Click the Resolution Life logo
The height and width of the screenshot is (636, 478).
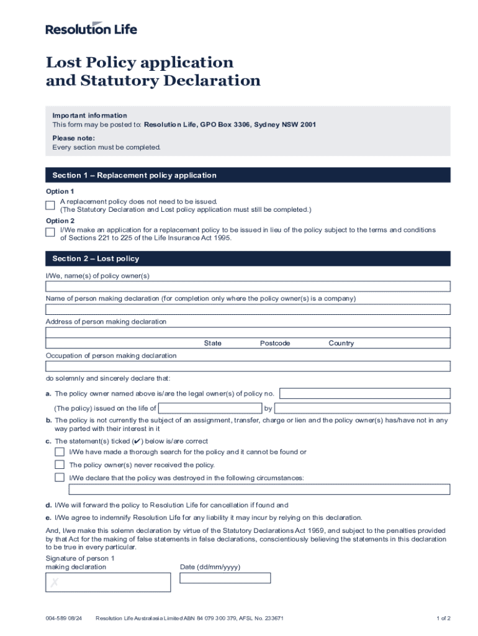91,29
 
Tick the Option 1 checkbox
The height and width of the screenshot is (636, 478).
50,205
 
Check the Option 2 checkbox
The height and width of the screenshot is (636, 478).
50,233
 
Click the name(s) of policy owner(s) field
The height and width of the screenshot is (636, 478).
248,286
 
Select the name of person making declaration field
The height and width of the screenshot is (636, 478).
248,309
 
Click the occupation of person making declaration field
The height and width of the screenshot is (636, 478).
248,366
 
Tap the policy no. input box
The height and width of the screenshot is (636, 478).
365,393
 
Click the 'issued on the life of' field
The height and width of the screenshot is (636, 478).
210,408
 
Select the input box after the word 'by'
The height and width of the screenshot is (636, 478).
362,408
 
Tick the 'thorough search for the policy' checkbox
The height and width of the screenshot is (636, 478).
60,452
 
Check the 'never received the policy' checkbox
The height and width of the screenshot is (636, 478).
60,465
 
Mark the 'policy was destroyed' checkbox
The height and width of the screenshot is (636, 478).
60,478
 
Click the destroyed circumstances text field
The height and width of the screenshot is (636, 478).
255,489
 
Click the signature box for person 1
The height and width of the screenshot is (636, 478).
108,583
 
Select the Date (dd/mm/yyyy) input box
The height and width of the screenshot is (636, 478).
225,578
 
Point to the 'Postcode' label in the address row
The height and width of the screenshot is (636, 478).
275,343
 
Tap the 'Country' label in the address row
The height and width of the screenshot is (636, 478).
341,343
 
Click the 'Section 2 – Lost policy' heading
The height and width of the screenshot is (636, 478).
96,258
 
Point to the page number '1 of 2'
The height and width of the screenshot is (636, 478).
443,618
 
